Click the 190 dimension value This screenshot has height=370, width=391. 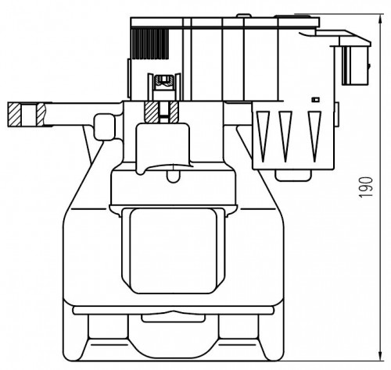pos(366,187)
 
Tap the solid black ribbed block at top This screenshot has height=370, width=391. pos(150,44)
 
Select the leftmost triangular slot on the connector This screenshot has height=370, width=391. pos(263,136)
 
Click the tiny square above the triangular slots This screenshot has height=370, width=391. pos(316,99)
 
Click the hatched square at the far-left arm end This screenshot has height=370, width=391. pos(14,114)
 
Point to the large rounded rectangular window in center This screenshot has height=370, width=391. pos(174,251)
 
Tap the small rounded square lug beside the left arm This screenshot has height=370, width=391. pos(105,127)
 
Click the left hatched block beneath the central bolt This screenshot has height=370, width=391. pos(151,112)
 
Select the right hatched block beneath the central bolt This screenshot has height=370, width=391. pos(174,112)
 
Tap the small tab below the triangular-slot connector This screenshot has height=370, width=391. pos(293,175)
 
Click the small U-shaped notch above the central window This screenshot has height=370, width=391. pos(174,176)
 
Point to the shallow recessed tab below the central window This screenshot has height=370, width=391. pos(174,318)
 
